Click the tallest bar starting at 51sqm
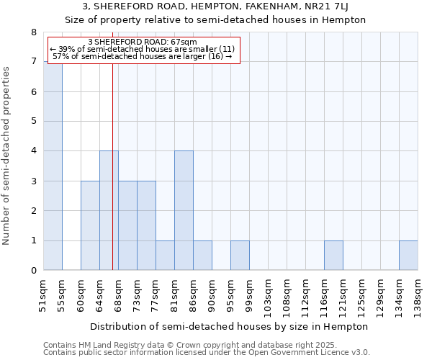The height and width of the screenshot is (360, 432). [53, 166]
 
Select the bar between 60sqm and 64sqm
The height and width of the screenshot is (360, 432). [90, 225]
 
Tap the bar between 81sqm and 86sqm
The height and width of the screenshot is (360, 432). [184, 210]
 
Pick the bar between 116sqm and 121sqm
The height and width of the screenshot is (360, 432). [333, 256]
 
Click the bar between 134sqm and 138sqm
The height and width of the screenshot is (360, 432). [408, 256]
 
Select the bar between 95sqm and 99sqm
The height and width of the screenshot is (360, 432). [240, 256]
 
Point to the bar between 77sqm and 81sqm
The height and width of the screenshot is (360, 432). [165, 256]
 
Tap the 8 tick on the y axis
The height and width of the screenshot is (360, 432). [33, 32]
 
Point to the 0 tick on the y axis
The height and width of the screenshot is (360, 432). [33, 271]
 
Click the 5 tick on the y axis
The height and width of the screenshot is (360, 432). [33, 122]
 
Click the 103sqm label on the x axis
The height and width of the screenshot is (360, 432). [268, 296]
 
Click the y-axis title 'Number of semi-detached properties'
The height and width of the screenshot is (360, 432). [7, 156]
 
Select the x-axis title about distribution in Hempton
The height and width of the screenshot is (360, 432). [230, 326]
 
